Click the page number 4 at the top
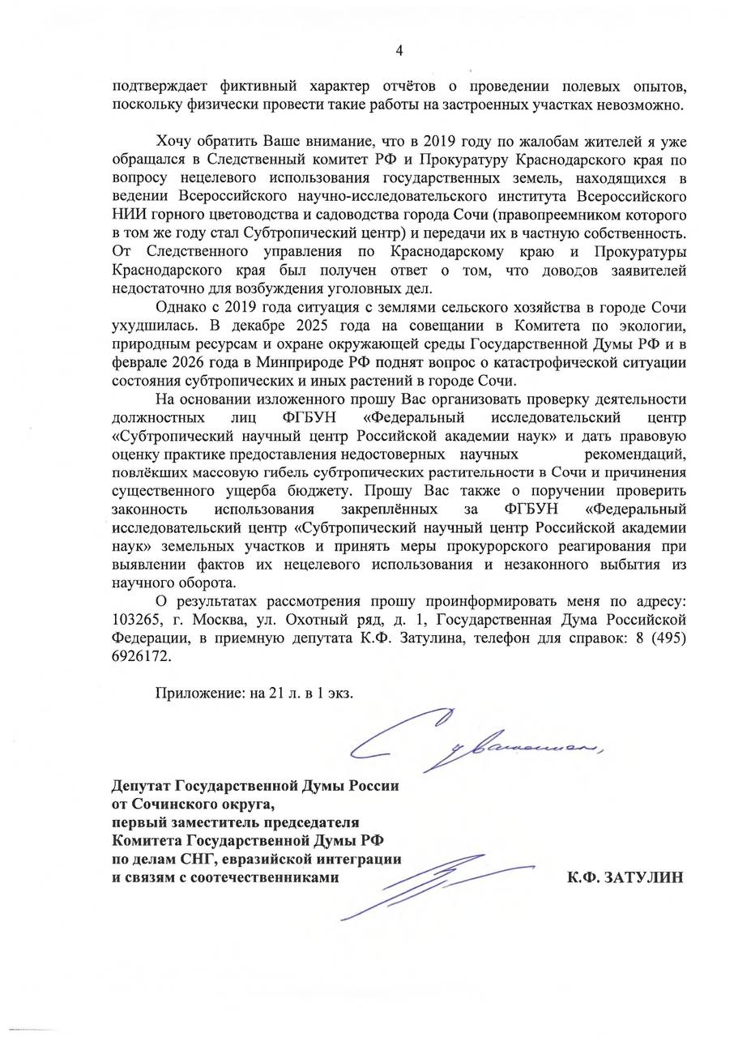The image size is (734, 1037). (399, 51)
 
